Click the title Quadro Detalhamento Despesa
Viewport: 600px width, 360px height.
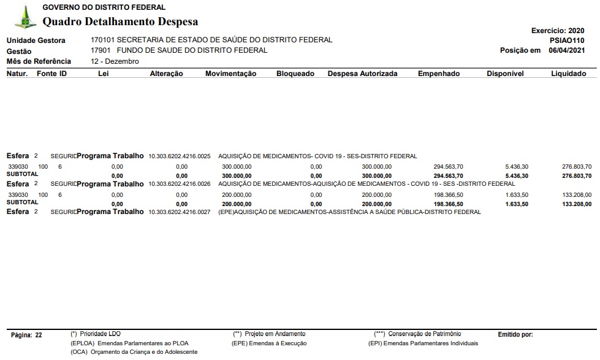coord(120,22)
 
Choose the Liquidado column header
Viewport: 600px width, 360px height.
coord(568,74)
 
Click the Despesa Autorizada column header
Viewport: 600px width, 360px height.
coord(362,74)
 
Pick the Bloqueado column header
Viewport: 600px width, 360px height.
coord(295,74)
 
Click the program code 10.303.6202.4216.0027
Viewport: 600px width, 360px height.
coord(179,212)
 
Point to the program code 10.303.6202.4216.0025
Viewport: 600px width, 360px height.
coord(179,156)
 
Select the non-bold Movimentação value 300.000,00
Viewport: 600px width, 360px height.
coord(236,167)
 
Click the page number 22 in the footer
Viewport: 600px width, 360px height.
coord(39,335)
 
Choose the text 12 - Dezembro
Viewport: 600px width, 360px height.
coord(115,61)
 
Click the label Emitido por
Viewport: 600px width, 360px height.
coord(515,335)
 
